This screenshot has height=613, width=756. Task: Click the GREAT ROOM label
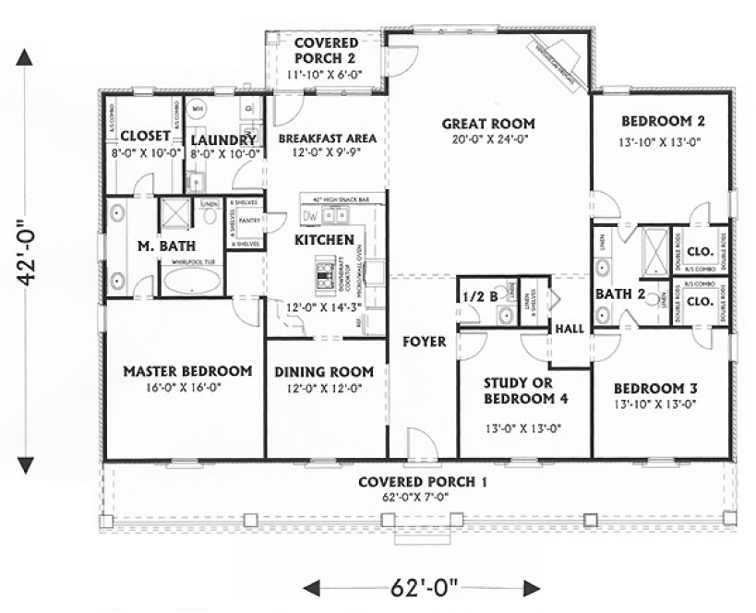(487, 124)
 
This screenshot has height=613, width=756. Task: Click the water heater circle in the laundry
(198, 109)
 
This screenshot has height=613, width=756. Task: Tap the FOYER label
(424, 342)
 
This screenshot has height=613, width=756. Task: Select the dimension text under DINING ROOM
(324, 390)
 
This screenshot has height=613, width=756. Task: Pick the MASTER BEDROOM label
(187, 371)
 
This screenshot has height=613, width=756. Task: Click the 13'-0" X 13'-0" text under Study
(524, 428)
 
